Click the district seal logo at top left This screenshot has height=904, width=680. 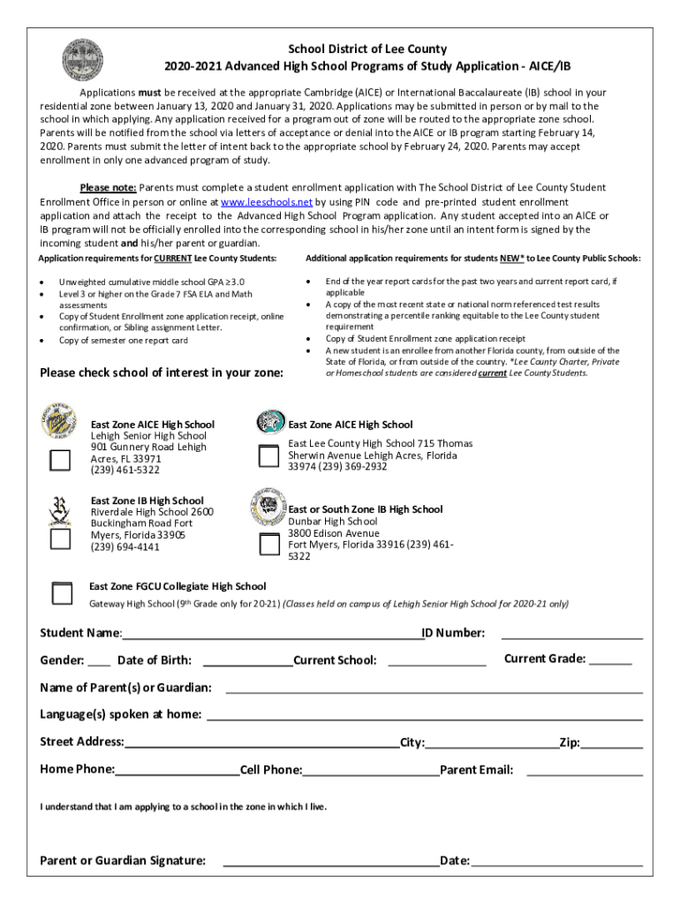(82, 60)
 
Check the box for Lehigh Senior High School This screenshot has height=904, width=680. (60, 460)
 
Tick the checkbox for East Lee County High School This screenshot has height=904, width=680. (268, 456)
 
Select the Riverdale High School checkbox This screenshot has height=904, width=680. (60, 538)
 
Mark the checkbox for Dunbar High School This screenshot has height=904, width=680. (268, 543)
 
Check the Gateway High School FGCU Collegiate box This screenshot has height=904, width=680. (62, 593)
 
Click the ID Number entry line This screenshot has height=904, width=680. (571, 634)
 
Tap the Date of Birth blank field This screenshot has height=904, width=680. (248, 661)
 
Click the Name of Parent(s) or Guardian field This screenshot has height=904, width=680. (433, 689)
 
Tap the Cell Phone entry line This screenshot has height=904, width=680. (371, 771)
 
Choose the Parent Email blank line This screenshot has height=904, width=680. (584, 771)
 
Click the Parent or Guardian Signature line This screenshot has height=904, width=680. (330, 862)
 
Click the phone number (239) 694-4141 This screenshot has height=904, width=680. (125, 546)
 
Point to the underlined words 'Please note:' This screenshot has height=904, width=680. (108, 187)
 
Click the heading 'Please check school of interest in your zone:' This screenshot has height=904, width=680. (162, 373)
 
